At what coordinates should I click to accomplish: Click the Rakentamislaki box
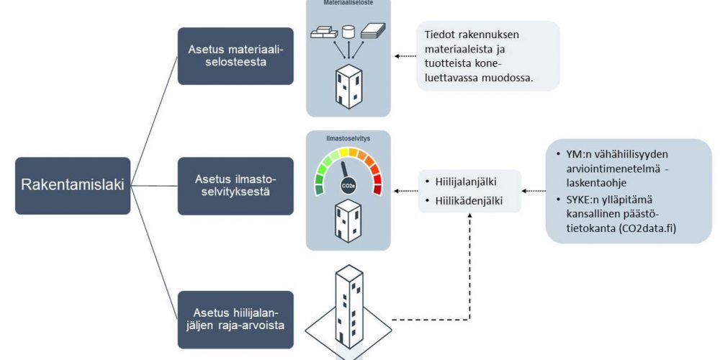(73, 185)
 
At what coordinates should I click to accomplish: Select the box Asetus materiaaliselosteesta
(235, 56)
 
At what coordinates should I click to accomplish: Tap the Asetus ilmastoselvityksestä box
(235, 186)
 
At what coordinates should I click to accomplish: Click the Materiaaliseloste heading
(348, 4)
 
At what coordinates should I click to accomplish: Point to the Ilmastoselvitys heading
(348, 137)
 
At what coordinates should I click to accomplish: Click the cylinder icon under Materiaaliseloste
(348, 32)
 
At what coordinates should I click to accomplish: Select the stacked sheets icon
(374, 31)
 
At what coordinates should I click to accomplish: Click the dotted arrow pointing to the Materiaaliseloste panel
(405, 56)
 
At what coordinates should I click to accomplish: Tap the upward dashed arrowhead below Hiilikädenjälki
(470, 217)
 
